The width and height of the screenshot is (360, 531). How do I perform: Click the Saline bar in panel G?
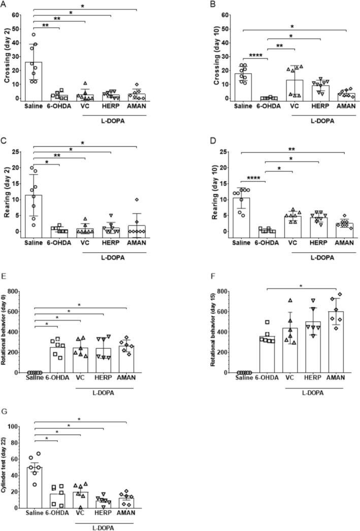pyautogui.click(x=34, y=487)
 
